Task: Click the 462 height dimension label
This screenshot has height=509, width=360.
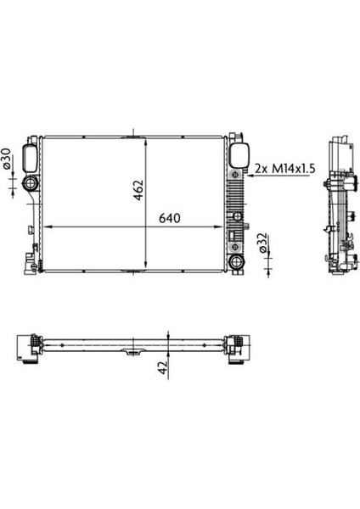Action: coord(138,190)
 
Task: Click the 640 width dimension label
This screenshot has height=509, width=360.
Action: coord(169,218)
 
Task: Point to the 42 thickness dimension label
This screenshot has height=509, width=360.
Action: coord(162,367)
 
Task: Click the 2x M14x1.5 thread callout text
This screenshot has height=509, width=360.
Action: coord(285,168)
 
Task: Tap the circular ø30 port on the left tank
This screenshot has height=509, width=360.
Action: coord(31,183)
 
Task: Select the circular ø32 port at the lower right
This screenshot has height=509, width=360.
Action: coord(237,261)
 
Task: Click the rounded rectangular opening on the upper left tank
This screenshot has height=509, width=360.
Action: coord(30,159)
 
